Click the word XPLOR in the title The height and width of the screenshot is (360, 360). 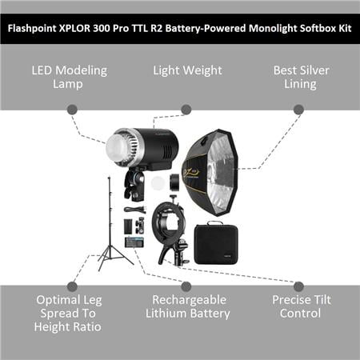[x=74, y=28]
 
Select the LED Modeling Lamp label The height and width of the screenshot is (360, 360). [x=69, y=77]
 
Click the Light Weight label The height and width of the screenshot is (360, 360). [x=187, y=70]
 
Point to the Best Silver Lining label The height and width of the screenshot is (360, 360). [x=301, y=77]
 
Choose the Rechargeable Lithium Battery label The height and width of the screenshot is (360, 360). [x=187, y=306]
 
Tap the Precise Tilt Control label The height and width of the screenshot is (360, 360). [x=302, y=306]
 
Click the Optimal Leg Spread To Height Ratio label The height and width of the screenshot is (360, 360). [x=68, y=314]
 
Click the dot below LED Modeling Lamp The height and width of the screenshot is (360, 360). [x=72, y=110]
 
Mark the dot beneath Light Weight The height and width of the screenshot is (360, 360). [x=186, y=110]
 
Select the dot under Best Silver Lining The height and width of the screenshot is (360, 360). [x=298, y=110]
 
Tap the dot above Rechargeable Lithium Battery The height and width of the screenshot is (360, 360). [x=186, y=286]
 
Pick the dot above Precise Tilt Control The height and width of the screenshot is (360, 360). [x=298, y=286]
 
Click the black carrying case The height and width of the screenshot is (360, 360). [x=216, y=243]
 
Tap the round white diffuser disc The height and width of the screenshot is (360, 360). [x=158, y=183]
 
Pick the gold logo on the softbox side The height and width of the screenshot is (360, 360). [x=190, y=174]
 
